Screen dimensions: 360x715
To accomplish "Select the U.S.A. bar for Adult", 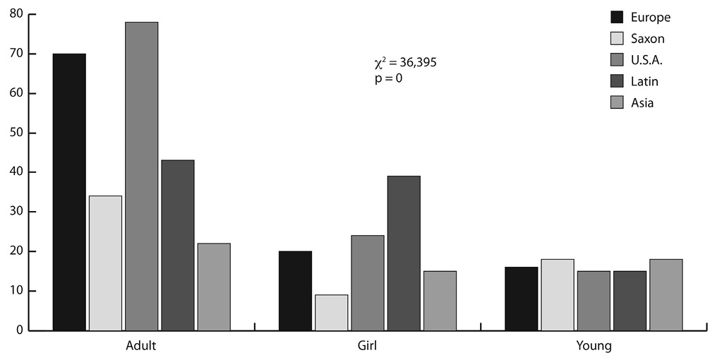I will point(141,176).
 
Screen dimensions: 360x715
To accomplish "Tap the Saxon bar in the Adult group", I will point(105,263).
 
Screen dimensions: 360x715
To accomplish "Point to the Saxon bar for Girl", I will point(331,312).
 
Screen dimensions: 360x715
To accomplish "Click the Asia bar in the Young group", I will point(666,294).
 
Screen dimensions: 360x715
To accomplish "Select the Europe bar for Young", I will point(521,299).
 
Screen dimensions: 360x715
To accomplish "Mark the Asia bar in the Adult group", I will point(214,287).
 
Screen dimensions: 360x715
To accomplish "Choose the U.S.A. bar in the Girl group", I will point(367,282).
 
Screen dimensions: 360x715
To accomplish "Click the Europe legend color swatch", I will point(618,17).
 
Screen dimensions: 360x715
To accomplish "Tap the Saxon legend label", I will point(649,39).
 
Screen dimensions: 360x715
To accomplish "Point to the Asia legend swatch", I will point(618,103).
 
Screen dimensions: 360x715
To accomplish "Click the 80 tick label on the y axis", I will point(16,14).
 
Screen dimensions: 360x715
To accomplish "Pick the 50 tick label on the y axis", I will point(16,133).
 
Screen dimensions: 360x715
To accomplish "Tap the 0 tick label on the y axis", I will point(19,330).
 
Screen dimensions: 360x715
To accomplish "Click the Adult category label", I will point(141,347).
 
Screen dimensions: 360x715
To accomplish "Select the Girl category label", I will point(367,347).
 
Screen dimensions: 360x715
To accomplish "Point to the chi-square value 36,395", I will point(416,63).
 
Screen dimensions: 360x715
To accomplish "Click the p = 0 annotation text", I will point(388,78).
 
